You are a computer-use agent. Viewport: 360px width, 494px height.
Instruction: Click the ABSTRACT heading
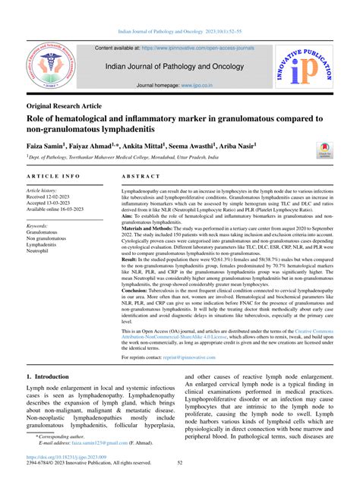tap(139, 174)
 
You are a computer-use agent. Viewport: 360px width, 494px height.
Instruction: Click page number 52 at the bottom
tap(180, 483)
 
